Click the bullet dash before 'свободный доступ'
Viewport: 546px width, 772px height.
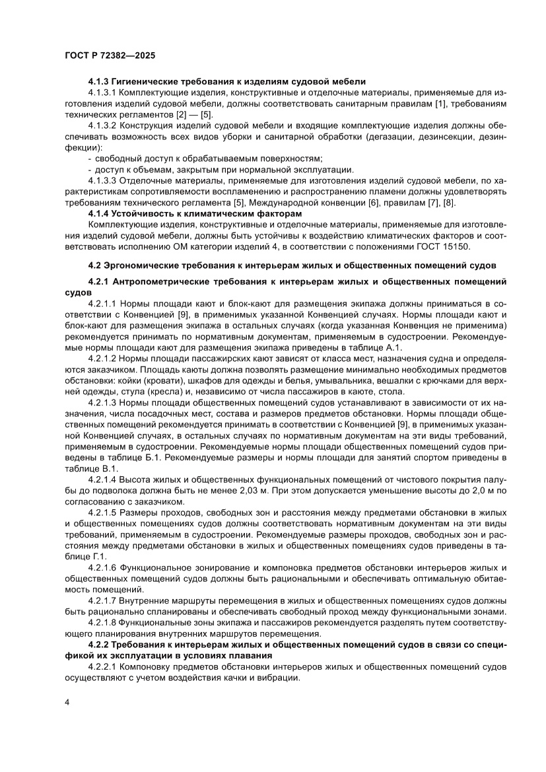[x=90, y=158]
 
